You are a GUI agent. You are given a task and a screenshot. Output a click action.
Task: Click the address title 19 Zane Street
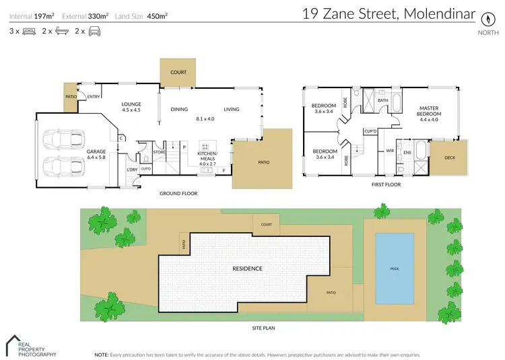pyautogui.click(x=388, y=14)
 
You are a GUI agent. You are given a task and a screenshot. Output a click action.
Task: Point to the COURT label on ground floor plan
pyautogui.click(x=178, y=72)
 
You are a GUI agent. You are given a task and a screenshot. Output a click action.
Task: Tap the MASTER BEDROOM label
pyautogui.click(x=429, y=111)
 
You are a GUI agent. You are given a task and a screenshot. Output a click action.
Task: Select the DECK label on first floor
pyautogui.click(x=449, y=157)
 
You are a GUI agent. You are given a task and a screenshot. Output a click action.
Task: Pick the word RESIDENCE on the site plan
pyautogui.click(x=247, y=268)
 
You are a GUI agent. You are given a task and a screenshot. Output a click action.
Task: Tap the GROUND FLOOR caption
pyautogui.click(x=178, y=193)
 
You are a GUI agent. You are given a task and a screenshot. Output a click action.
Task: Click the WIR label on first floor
pyautogui.click(x=389, y=151)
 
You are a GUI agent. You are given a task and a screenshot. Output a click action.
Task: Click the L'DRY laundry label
pyautogui.click(x=132, y=170)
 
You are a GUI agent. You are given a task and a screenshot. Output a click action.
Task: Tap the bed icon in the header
pyautogui.click(x=29, y=31)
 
